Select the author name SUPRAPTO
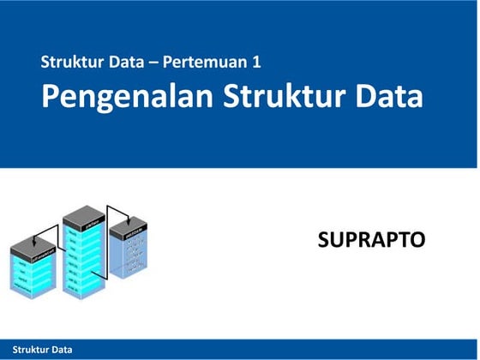[x=371, y=240]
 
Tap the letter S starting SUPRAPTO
[x=323, y=240]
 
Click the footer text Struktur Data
[x=37, y=350]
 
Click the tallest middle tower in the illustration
[x=84, y=257]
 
